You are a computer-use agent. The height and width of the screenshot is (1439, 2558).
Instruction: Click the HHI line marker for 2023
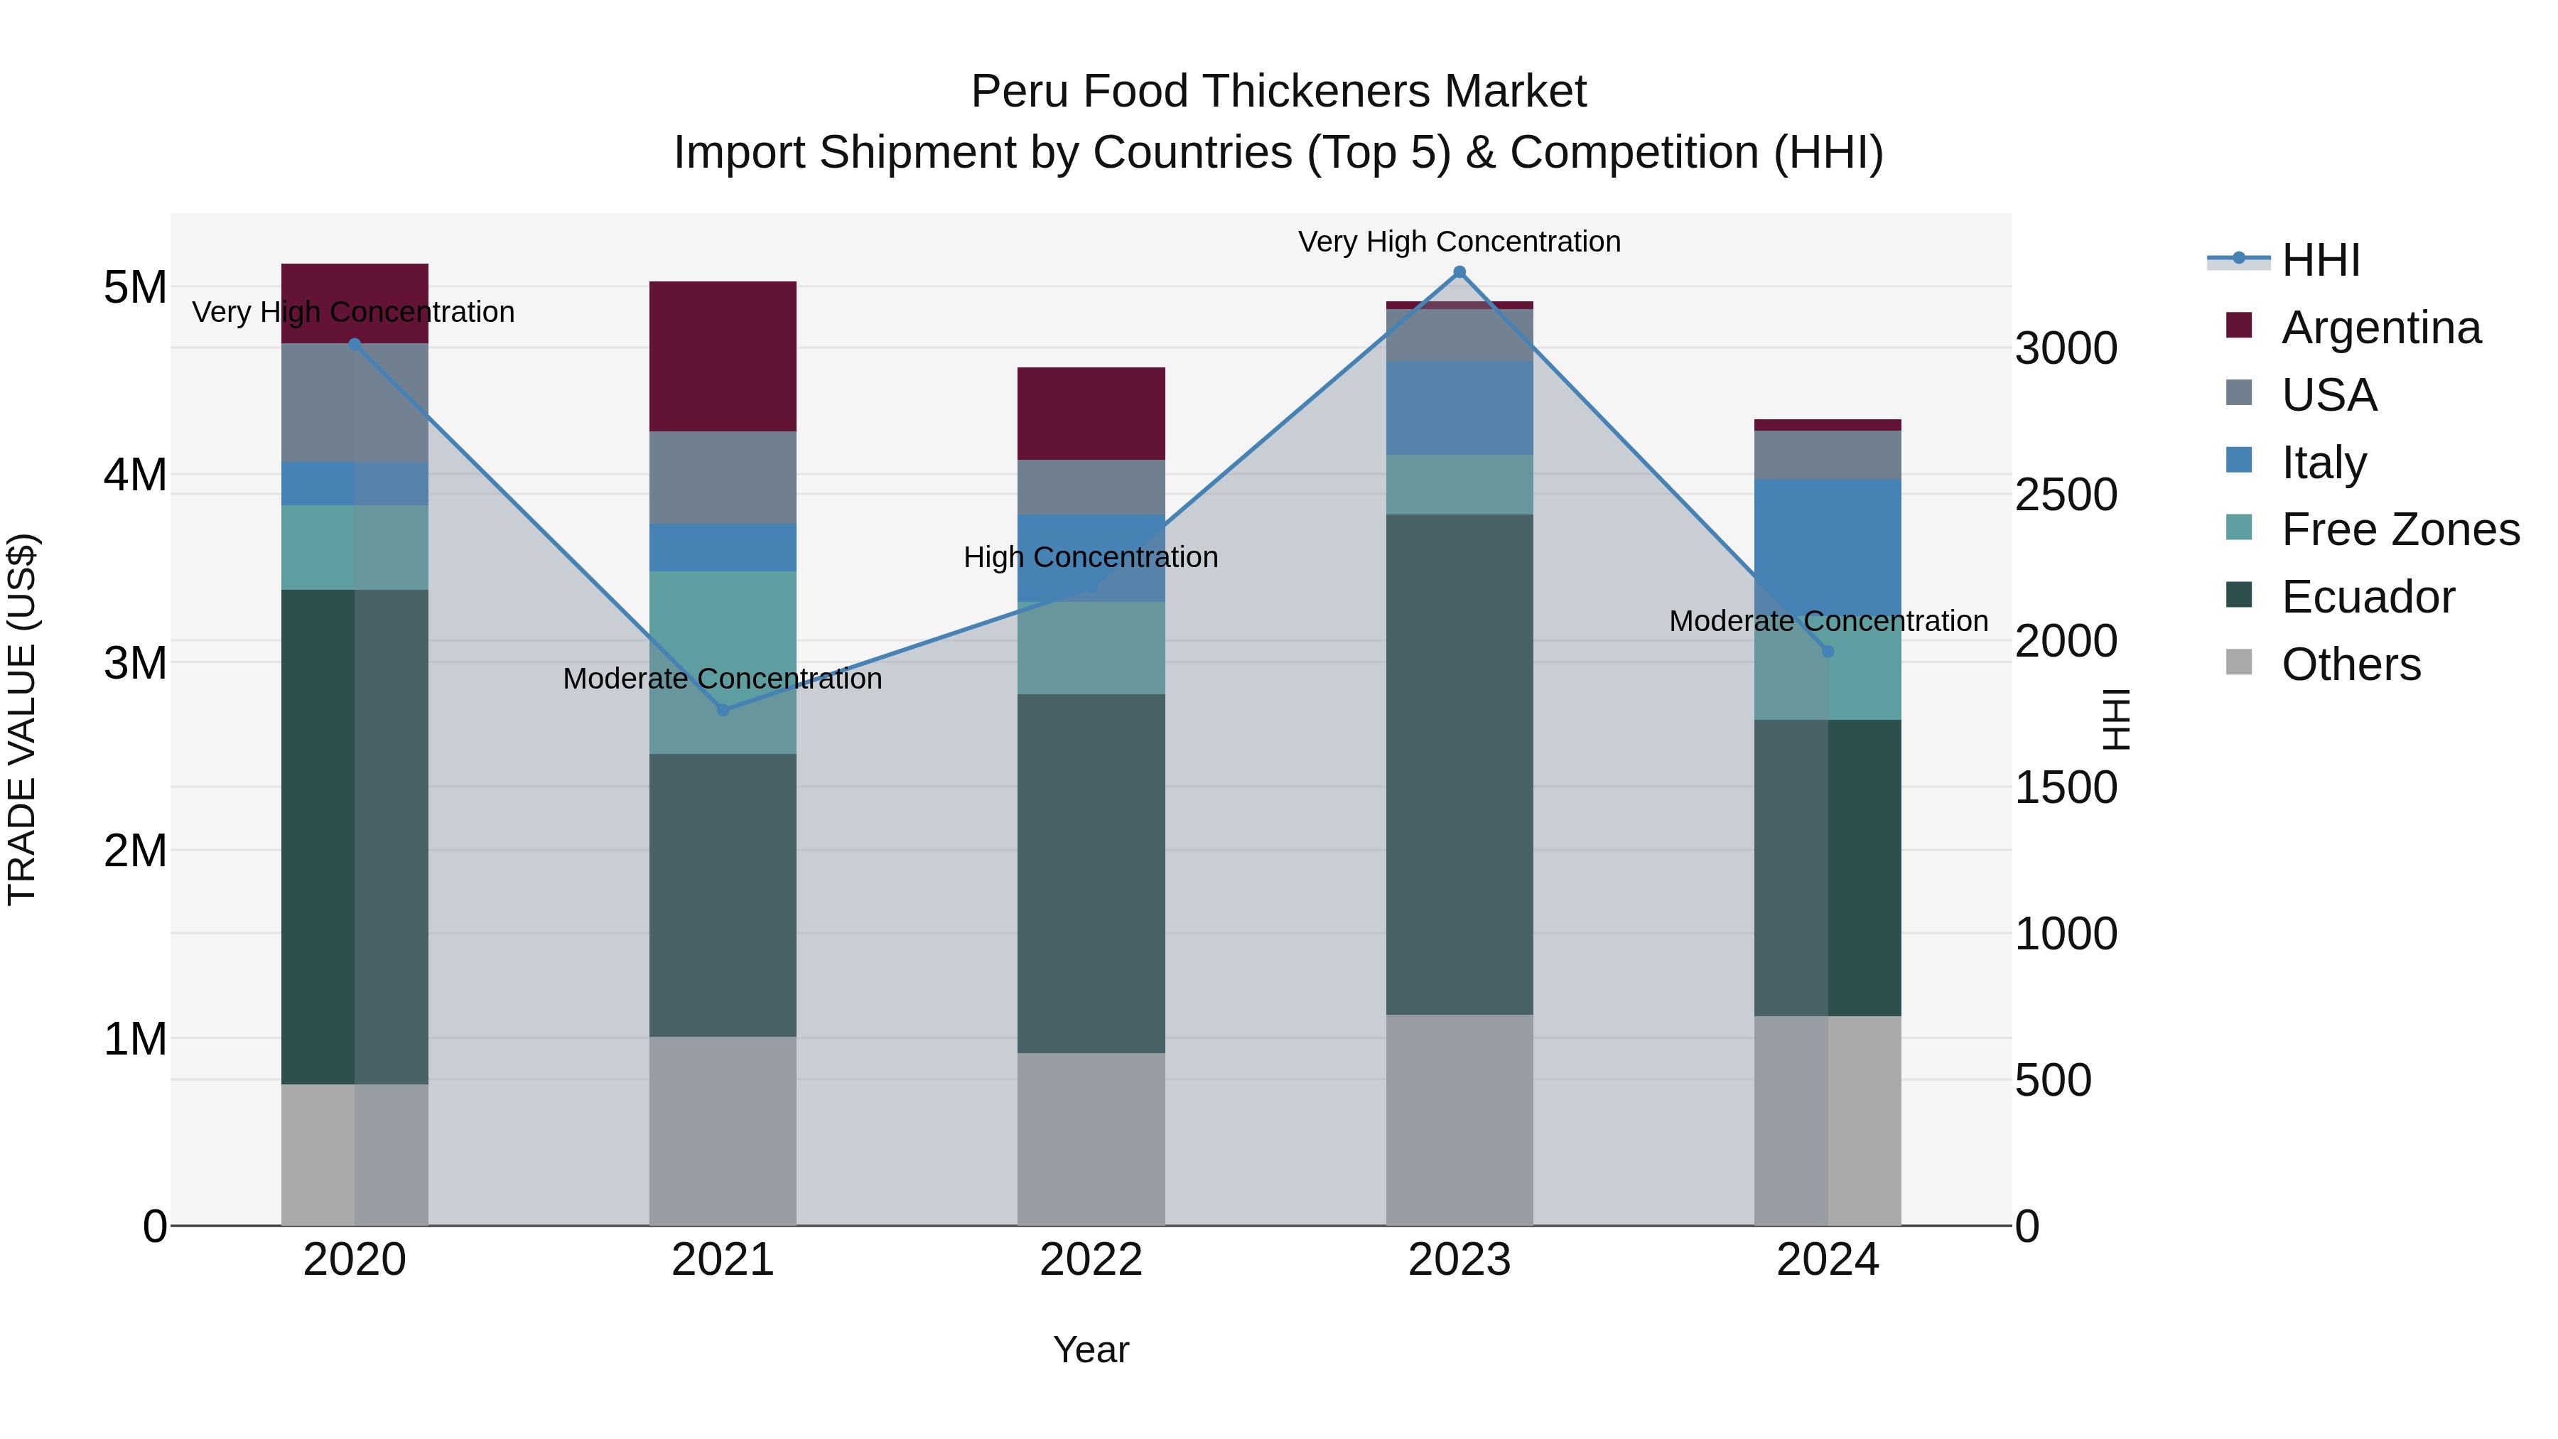click(x=1459, y=272)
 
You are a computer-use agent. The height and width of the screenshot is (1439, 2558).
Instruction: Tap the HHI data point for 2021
click(x=723, y=710)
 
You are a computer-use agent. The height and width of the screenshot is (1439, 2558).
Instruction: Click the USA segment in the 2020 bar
click(x=355, y=402)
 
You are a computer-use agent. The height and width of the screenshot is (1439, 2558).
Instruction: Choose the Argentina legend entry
click(x=2380, y=328)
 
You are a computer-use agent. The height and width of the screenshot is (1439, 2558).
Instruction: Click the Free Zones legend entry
click(x=2400, y=529)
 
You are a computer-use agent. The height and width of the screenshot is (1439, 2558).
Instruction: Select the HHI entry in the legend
click(x=2321, y=260)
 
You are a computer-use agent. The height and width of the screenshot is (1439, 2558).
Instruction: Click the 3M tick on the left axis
click(x=135, y=662)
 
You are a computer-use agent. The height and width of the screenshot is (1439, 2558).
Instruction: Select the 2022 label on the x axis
click(x=1090, y=1260)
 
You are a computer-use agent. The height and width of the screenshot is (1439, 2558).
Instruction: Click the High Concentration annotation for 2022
click(x=1090, y=557)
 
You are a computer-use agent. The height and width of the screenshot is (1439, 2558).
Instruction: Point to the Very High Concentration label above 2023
click(x=1459, y=242)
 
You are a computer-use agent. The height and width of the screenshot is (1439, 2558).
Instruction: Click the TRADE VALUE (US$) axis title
click(x=23, y=719)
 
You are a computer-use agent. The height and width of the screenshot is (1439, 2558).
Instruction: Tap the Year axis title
click(x=1090, y=1349)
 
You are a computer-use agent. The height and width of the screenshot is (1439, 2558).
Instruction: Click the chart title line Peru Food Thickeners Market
click(x=1278, y=92)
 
